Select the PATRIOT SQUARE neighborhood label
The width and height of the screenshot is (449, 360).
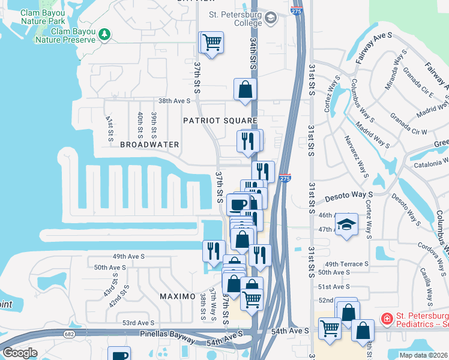[220, 121]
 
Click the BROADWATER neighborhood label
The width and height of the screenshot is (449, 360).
[149, 145]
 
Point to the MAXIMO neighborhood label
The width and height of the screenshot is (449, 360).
[178, 296]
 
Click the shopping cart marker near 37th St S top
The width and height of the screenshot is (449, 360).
[211, 43]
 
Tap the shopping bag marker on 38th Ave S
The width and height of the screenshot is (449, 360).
[245, 90]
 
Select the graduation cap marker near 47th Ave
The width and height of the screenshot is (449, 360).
[346, 225]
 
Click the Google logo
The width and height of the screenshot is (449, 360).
[20, 353]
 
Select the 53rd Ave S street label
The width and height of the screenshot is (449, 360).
[139, 323]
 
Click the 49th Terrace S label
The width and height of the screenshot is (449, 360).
[346, 264]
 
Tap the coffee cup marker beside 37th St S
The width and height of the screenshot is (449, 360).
[238, 204]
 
